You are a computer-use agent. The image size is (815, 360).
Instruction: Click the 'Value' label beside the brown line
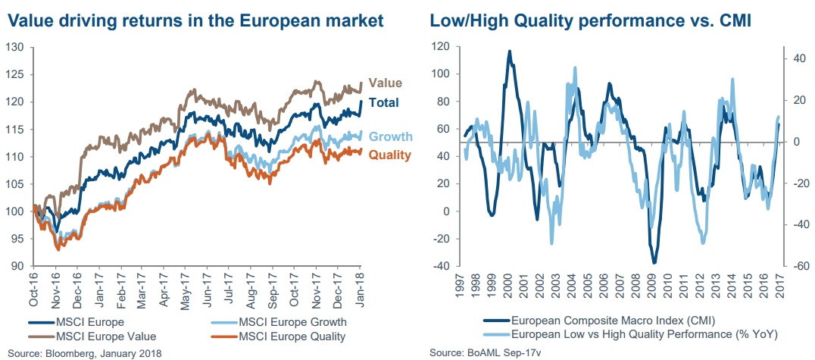point(386,83)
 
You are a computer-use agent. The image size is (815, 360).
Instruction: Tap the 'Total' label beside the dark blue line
point(384,104)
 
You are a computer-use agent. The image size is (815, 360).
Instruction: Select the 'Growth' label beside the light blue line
point(391,136)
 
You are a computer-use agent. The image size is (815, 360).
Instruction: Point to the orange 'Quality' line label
point(389,155)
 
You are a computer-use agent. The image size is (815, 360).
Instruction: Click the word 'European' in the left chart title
point(261,20)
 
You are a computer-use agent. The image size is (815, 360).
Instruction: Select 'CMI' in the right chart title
point(732,20)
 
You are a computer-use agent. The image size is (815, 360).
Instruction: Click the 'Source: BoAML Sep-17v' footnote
point(482,353)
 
